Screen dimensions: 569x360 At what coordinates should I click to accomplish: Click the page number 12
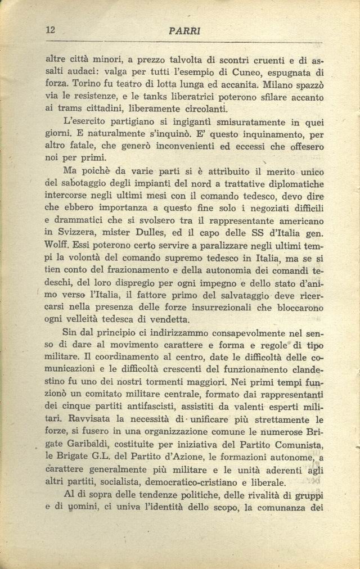[x=50, y=31]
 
